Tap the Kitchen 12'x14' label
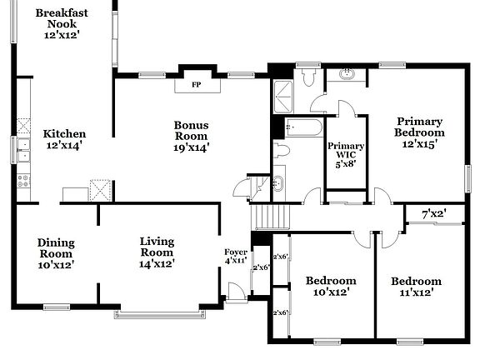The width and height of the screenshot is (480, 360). pyautogui.click(x=64, y=139)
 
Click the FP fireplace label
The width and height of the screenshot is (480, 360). pyautogui.click(x=197, y=84)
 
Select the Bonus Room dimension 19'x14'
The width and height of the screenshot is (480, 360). pyautogui.click(x=191, y=147)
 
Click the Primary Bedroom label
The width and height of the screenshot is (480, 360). pyautogui.click(x=419, y=132)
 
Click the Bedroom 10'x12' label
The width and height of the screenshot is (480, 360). pyautogui.click(x=330, y=286)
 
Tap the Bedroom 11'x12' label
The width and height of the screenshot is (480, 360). pyautogui.click(x=416, y=286)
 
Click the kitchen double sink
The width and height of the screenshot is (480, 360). pyautogui.click(x=22, y=151)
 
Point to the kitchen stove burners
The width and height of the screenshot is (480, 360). pyautogui.click(x=22, y=178)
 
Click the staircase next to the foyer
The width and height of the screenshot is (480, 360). pyautogui.click(x=269, y=217)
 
